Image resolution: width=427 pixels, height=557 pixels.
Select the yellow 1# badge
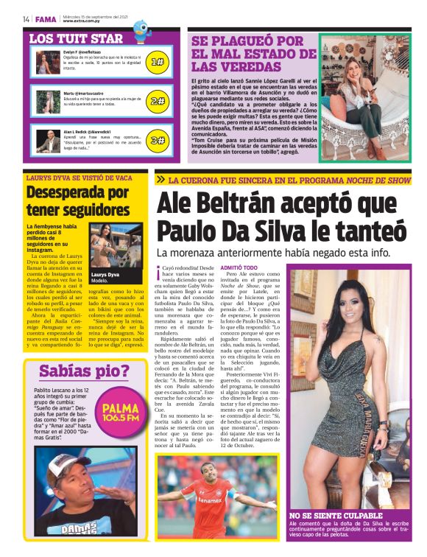(x=157, y=63)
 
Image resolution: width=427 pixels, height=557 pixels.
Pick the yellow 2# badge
(x=157, y=101)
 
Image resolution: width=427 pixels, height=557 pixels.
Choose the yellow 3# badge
(x=157, y=139)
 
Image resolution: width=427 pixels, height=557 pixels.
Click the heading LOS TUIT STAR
(x=76, y=38)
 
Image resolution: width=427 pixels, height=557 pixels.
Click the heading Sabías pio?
(x=84, y=371)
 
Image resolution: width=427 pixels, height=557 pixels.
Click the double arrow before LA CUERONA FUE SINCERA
(x=160, y=179)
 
